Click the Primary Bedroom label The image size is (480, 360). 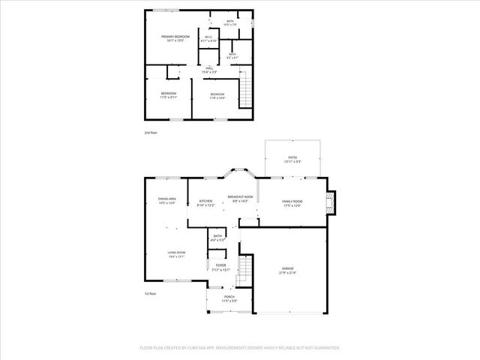pos(175,36)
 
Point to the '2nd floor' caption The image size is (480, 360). pos(151,132)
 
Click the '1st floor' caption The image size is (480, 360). pos(151,293)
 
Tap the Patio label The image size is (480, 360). pos(293,157)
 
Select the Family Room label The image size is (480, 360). pos(292,201)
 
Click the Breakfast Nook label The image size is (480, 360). pos(240,196)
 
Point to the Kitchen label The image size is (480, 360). pos(205,201)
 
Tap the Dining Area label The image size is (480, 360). pos(166,198)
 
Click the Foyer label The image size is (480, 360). pos(220,265)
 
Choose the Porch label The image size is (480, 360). pos(229,297)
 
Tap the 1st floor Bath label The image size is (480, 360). pos(217,236)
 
